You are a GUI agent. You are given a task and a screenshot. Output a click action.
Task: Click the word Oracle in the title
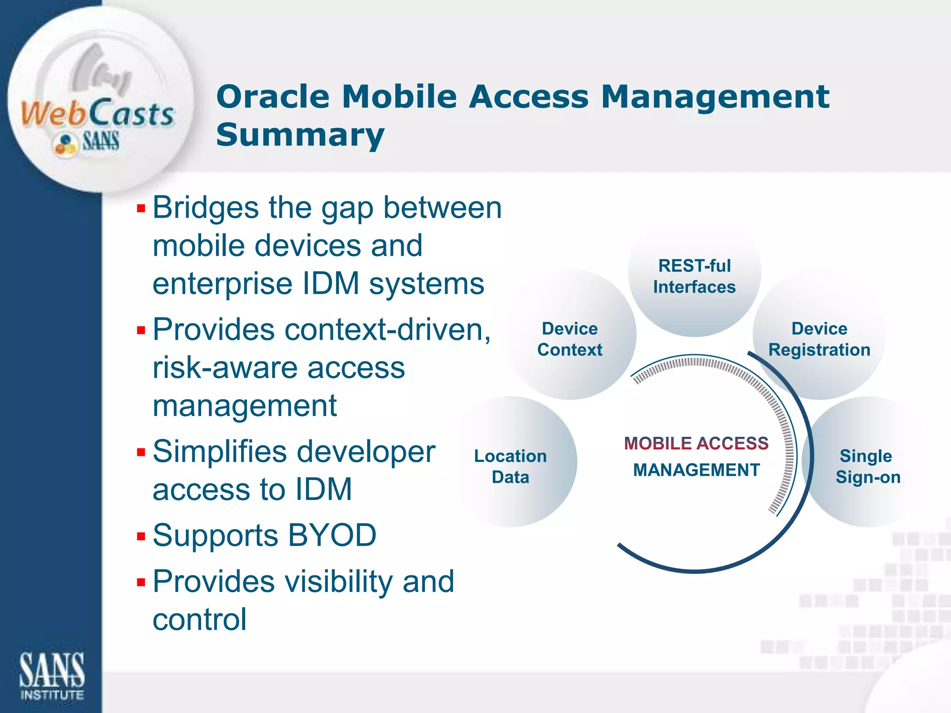(x=273, y=97)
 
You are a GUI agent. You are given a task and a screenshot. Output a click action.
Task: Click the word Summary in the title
(x=300, y=135)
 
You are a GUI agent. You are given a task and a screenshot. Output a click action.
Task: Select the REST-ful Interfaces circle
(x=694, y=277)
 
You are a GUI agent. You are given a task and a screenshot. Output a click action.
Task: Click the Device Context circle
(x=570, y=339)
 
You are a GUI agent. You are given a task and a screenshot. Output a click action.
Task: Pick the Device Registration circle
(x=819, y=339)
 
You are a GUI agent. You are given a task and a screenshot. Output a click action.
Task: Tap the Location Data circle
(x=510, y=466)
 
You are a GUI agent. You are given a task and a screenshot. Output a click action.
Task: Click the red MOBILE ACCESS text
(x=696, y=443)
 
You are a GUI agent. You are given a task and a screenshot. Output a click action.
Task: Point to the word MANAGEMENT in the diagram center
(x=696, y=470)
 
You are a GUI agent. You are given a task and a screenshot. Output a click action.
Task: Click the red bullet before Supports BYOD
(x=141, y=537)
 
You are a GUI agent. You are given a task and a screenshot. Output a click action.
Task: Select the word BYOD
(x=332, y=535)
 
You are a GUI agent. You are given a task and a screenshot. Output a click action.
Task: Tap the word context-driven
(x=387, y=330)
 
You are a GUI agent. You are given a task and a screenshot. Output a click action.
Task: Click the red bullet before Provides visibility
(x=141, y=582)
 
